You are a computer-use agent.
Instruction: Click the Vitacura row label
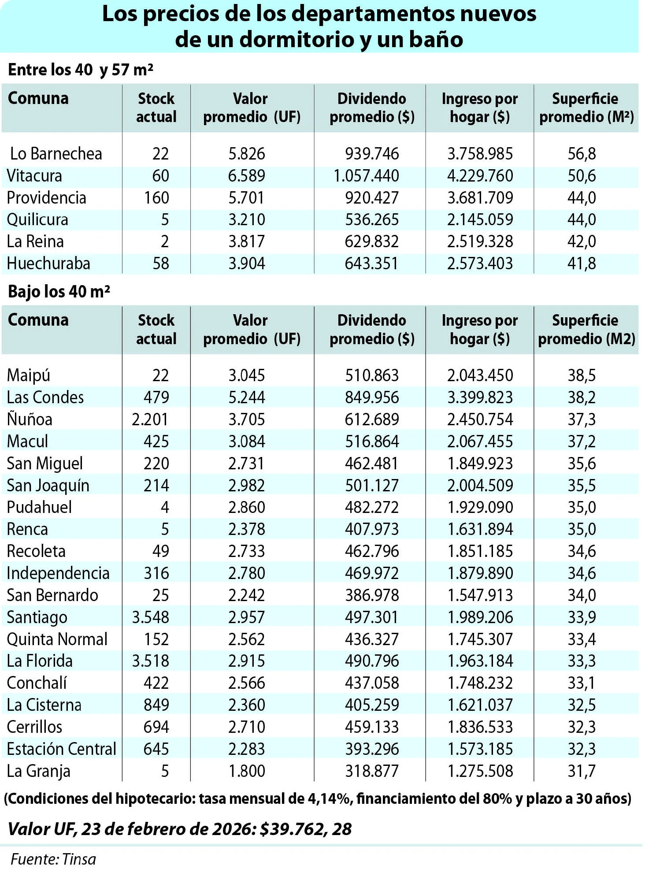point(34,176)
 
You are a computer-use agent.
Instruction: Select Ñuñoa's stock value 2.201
point(150,419)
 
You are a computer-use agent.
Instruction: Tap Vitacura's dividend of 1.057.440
point(366,176)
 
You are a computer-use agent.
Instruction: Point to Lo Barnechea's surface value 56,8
point(582,154)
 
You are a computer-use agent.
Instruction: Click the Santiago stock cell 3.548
point(150,617)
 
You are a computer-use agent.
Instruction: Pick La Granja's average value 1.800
point(247,771)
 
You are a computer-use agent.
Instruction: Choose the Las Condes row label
point(45,397)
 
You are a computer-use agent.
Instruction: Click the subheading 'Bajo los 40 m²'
point(59,291)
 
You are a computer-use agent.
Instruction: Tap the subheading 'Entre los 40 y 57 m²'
point(81,70)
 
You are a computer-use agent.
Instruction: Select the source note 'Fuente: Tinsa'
point(53,859)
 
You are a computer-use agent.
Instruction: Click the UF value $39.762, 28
point(306,829)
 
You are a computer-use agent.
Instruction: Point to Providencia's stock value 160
point(156,198)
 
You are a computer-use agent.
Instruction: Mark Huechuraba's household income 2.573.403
point(480,264)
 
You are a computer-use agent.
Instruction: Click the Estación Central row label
point(61,749)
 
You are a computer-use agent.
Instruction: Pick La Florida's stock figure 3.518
point(150,661)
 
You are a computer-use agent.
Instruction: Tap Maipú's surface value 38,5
point(582,375)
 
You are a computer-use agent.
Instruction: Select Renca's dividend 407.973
point(372,529)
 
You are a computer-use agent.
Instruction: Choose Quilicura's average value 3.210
point(247,220)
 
